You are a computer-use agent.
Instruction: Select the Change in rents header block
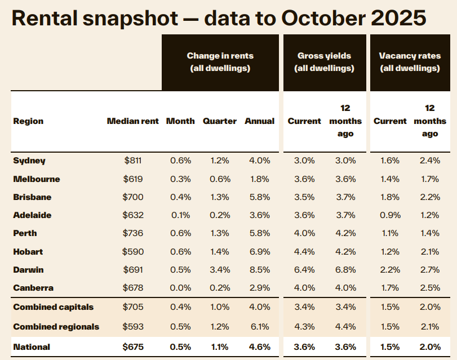pyautogui.click(x=220, y=63)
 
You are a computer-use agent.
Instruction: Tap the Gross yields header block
pyautogui.click(x=324, y=63)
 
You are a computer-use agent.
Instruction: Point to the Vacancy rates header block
pyautogui.click(x=410, y=63)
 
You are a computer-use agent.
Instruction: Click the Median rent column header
pyautogui.click(x=133, y=121)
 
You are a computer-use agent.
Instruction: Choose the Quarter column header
pyautogui.click(x=220, y=121)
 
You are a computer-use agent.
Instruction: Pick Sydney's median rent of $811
pyautogui.click(x=134, y=161)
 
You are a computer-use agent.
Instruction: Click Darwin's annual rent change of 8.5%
pyautogui.click(x=260, y=270)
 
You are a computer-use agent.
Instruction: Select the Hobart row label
pyautogui.click(x=28, y=252)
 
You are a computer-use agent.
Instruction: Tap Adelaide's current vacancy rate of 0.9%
pyautogui.click(x=390, y=215)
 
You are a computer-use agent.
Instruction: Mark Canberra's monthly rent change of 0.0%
pyautogui.click(x=181, y=288)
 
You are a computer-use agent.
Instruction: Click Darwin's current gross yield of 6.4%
pyautogui.click(x=304, y=270)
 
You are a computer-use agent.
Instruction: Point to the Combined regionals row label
pyautogui.click(x=56, y=327)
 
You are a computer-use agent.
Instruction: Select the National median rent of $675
pyautogui.click(x=134, y=347)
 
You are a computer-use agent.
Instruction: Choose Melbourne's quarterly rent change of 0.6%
pyautogui.click(x=220, y=179)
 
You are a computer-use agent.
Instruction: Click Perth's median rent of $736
pyautogui.click(x=134, y=233)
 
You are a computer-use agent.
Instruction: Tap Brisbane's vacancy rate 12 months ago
pyautogui.click(x=430, y=197)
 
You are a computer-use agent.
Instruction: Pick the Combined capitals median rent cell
pyautogui.click(x=134, y=308)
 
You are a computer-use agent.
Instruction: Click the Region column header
pyautogui.click(x=28, y=121)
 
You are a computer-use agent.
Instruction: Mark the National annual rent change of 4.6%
pyautogui.click(x=260, y=347)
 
